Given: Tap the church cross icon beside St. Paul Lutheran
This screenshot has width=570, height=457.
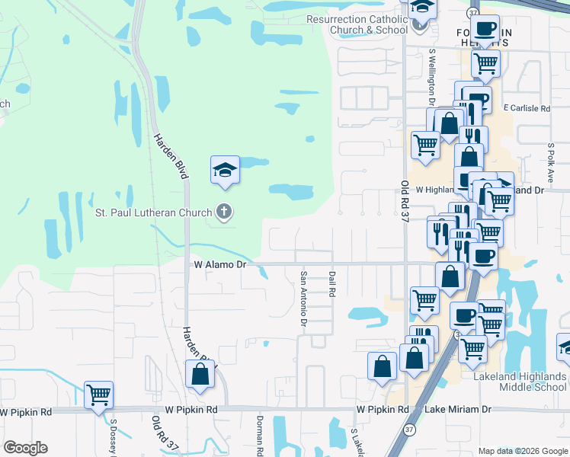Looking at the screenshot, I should point(223,212).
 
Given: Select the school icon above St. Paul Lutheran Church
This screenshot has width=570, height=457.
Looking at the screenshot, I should point(225,169).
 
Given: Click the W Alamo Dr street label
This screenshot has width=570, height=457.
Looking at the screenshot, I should point(219,264).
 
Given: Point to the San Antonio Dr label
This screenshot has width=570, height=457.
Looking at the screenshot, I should point(303,299).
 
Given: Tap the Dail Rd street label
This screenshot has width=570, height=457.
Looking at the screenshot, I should point(332,284).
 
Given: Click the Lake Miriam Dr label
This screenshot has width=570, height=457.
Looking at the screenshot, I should point(459,410).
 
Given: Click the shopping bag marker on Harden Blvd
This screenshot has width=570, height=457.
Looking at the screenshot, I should point(200,375).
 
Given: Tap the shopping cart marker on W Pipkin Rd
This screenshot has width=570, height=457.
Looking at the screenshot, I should point(99,395).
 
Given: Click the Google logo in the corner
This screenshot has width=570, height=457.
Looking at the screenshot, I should point(25,448).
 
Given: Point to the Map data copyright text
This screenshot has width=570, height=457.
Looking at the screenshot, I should point(522,451).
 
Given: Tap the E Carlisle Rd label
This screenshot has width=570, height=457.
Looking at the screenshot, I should point(527,109).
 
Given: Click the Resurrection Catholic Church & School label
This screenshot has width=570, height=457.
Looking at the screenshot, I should point(357,24).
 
